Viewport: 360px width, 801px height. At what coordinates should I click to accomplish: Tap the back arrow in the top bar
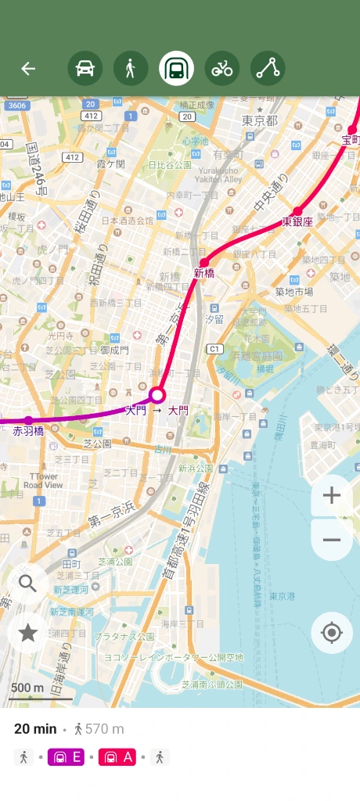click(x=28, y=69)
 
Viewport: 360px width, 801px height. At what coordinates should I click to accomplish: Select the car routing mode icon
click(x=85, y=69)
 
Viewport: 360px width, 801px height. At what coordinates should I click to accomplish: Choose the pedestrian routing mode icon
click(x=131, y=69)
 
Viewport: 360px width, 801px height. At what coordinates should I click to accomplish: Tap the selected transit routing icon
click(x=176, y=69)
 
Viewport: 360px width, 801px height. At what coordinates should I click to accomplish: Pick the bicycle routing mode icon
click(x=222, y=69)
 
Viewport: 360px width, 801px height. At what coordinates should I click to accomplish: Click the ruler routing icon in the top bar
click(x=268, y=69)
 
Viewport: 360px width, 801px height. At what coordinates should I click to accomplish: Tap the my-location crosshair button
click(x=331, y=633)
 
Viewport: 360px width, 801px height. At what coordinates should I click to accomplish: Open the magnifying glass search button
click(x=28, y=584)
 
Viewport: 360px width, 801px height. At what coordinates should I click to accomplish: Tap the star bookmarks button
click(x=28, y=633)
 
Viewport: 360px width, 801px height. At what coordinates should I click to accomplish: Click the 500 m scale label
click(x=27, y=688)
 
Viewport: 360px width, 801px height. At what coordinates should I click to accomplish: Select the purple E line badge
click(x=68, y=756)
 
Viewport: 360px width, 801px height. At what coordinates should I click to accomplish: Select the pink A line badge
click(x=118, y=756)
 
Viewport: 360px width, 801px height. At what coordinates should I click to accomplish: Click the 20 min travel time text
click(x=35, y=729)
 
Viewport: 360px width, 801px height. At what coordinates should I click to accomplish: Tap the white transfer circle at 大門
click(x=157, y=394)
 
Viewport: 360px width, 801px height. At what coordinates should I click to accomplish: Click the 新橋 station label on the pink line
click(x=203, y=274)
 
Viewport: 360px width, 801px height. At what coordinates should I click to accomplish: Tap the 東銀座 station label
click(x=297, y=221)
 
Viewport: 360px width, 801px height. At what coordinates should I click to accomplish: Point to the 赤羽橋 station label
click(x=28, y=430)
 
